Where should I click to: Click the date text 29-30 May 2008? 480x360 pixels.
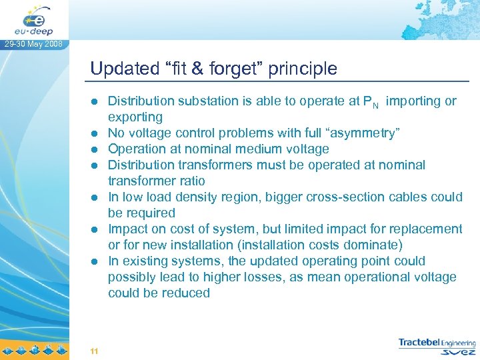pos(33,45)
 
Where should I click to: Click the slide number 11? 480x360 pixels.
pos(94,351)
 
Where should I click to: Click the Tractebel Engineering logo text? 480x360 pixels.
pos(437,342)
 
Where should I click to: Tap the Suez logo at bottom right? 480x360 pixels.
pos(459,352)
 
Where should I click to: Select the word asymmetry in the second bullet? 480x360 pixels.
pos(361,133)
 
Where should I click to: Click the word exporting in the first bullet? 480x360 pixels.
pos(135,117)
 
